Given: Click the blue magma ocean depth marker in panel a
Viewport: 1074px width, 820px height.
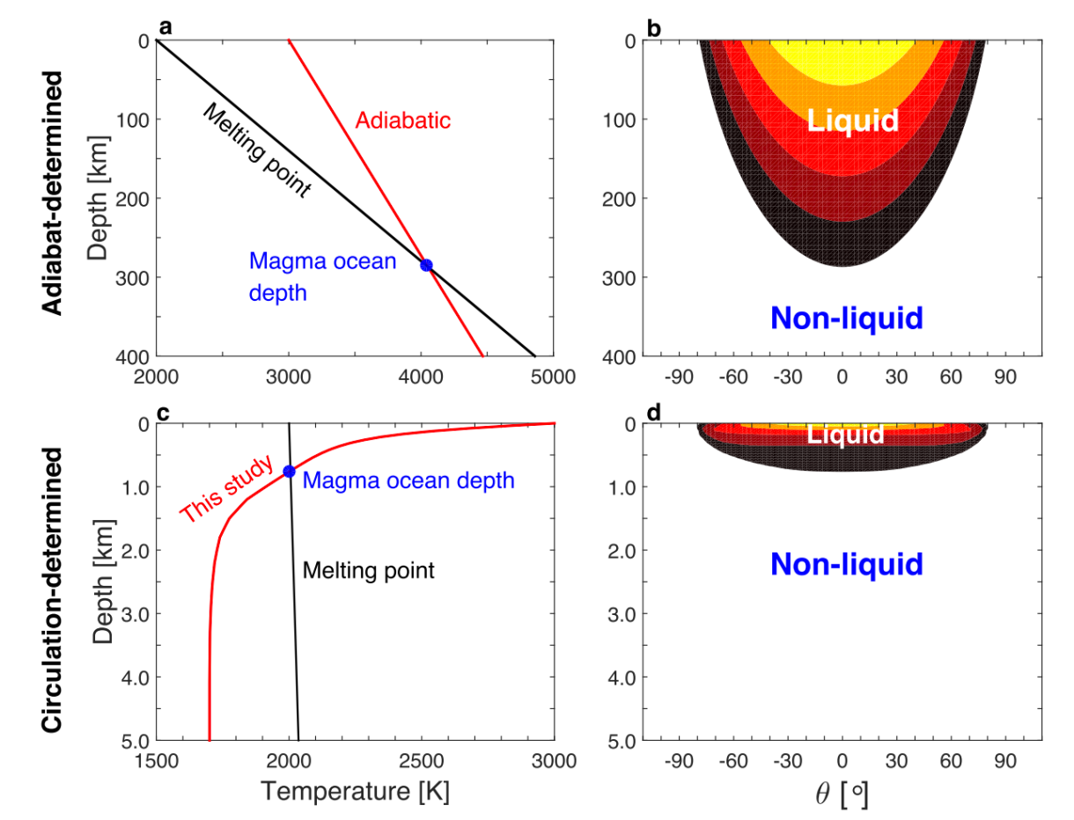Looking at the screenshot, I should tap(426, 265).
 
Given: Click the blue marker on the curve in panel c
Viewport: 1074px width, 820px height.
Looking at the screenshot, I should tap(289, 472).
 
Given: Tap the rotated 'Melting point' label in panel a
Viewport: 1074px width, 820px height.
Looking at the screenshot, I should tap(256, 150).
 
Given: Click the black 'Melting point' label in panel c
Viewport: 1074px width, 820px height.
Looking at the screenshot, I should tap(369, 570).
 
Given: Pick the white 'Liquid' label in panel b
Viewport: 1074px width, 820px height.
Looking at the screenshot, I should tap(852, 120).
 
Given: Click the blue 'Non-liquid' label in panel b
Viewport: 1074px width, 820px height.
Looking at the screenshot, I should tap(846, 318).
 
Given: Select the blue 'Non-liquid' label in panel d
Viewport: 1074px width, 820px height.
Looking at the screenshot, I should tap(846, 564).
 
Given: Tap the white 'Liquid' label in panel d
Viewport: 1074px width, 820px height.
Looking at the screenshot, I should tap(846, 435).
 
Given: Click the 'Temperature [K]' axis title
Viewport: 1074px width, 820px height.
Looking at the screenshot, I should tap(355, 791).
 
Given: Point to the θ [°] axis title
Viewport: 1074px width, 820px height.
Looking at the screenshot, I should tap(843, 792).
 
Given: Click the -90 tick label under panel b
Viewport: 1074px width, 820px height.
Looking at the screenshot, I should tap(680, 377).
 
